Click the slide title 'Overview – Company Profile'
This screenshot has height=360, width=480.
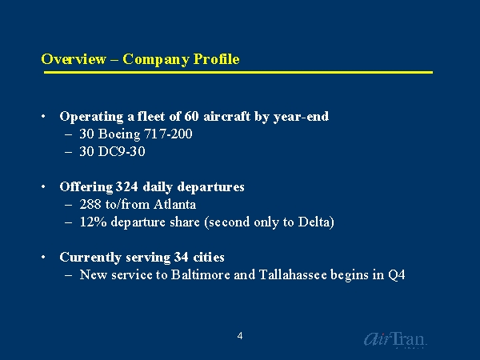pos(140,59)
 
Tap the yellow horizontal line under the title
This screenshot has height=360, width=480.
pos(237,73)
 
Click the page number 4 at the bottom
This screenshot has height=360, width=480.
pos(239,336)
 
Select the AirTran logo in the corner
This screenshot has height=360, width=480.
pos(395,339)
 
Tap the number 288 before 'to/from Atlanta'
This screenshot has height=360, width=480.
pos(90,205)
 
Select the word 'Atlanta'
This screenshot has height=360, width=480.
pos(175,205)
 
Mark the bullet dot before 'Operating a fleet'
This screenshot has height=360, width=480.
pos(43,118)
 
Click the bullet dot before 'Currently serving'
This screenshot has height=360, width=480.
pos(43,258)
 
